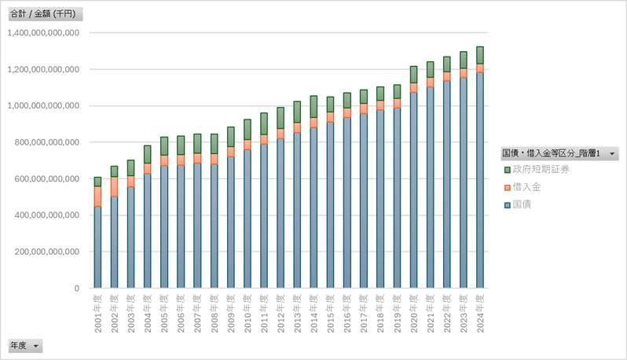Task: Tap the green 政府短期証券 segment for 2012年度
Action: [x=280, y=118]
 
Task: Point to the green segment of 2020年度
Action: [x=413, y=75]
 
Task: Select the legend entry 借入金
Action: [x=526, y=188]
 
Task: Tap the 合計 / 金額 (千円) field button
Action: [x=44, y=14]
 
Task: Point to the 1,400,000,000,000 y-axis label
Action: [x=42, y=33]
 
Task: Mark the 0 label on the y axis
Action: [x=75, y=288]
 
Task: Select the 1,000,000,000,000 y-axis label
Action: [x=42, y=106]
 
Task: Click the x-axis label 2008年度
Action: [x=214, y=312]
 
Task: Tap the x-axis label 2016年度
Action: [x=347, y=312]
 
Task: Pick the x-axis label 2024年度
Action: [x=480, y=312]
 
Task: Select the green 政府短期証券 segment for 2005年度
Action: [x=164, y=145]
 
